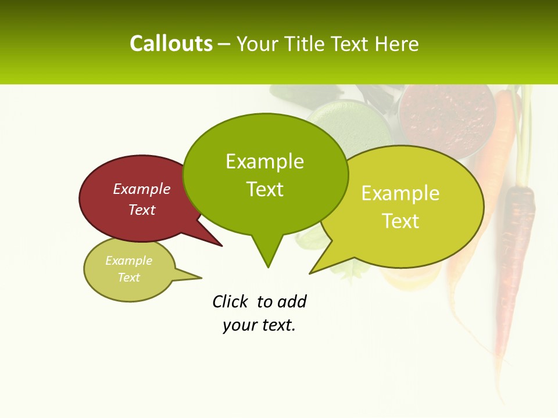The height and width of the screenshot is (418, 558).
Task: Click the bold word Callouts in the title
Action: click(x=171, y=44)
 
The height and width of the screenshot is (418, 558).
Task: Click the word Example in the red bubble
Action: click(x=142, y=189)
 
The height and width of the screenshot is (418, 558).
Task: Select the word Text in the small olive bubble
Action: click(x=129, y=278)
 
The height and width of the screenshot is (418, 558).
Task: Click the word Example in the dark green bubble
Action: click(x=264, y=161)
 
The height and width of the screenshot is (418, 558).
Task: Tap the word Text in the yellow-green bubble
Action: click(x=400, y=221)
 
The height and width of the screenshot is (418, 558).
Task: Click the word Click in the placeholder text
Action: click(x=231, y=301)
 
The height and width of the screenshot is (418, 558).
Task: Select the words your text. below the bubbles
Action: click(x=259, y=325)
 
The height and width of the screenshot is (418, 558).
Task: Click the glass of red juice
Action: click(x=446, y=116)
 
